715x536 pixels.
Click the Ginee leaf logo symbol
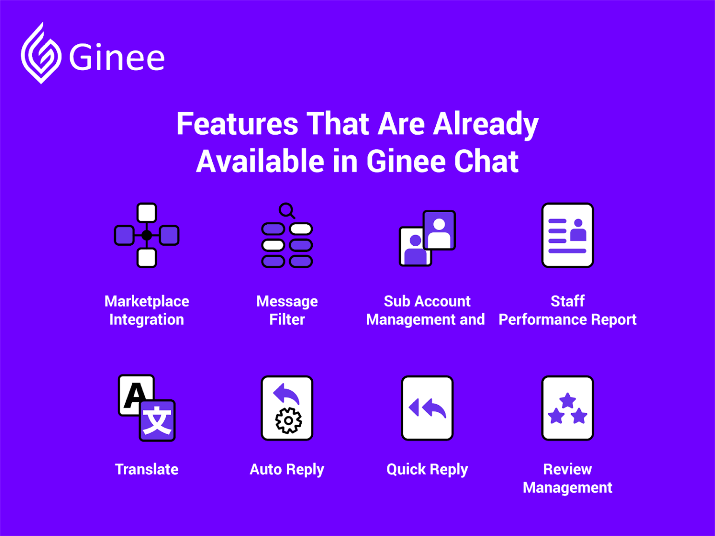click(x=41, y=54)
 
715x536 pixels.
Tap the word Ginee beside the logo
click(x=117, y=58)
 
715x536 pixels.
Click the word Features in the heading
click(x=237, y=124)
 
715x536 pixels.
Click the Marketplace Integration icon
click(x=147, y=235)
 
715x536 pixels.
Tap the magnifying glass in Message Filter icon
click(x=286, y=210)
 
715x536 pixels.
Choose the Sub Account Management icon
click(x=427, y=238)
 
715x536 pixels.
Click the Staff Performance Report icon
click(x=567, y=235)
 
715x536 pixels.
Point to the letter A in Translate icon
click(x=135, y=395)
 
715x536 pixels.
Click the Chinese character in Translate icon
click(x=157, y=421)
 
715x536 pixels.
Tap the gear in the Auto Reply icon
click(x=288, y=421)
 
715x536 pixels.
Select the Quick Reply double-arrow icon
click(x=427, y=408)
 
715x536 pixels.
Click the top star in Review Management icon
click(x=567, y=400)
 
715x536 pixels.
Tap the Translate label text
click(x=147, y=469)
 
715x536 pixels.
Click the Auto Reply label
click(x=287, y=469)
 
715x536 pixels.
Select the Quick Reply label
click(x=427, y=469)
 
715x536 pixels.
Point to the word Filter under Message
click(x=287, y=320)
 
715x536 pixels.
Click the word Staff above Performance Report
click(x=567, y=301)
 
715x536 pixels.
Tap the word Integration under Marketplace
click(x=147, y=320)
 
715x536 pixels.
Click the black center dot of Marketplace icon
click(x=147, y=235)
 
